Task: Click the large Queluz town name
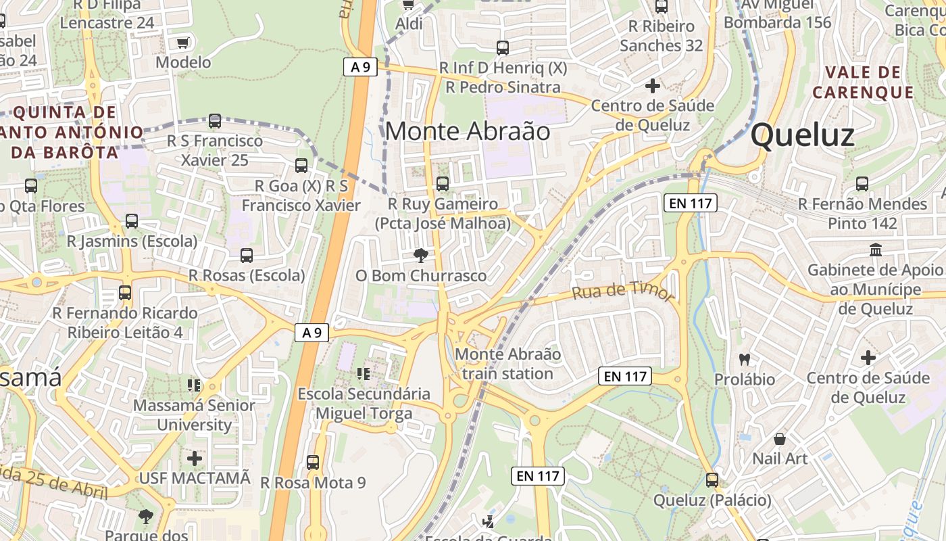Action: pyautogui.click(x=802, y=136)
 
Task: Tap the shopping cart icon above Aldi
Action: pyautogui.click(x=407, y=5)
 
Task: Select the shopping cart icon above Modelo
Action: pyautogui.click(x=182, y=43)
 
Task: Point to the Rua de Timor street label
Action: pyautogui.click(x=623, y=291)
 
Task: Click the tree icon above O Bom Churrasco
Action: pyautogui.click(x=421, y=255)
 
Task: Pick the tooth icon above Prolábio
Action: pyautogui.click(x=745, y=359)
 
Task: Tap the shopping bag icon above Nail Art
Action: pyautogui.click(x=780, y=439)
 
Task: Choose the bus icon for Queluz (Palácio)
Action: pyautogui.click(x=712, y=480)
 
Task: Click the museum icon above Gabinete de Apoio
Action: pyautogui.click(x=876, y=250)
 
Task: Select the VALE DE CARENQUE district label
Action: pyautogui.click(x=863, y=82)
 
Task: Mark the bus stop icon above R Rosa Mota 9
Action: pyautogui.click(x=312, y=463)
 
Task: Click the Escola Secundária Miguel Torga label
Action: pyautogui.click(x=364, y=403)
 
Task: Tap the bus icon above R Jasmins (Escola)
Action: pyautogui.click(x=132, y=220)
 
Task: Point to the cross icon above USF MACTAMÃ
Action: pyautogui.click(x=195, y=458)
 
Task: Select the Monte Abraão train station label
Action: pyautogui.click(x=507, y=364)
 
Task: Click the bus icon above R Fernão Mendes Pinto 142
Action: pyautogui.click(x=862, y=183)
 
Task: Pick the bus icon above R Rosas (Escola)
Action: pyautogui.click(x=247, y=256)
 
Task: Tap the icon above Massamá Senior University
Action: pyautogui.click(x=194, y=385)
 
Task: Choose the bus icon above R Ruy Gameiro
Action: pyautogui.click(x=443, y=183)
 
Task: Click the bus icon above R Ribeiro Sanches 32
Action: pyautogui.click(x=662, y=7)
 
